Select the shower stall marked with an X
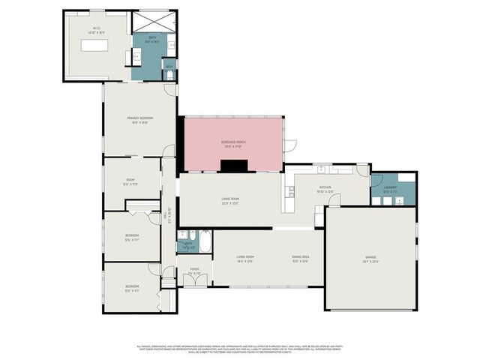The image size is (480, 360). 154,22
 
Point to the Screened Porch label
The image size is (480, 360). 234,142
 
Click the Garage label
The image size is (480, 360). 370,259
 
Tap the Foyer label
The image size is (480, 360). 194,271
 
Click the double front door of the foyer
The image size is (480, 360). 194,280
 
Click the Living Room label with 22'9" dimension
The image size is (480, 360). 230,200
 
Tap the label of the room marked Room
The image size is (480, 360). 130,181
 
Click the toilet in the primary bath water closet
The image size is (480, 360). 170,75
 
